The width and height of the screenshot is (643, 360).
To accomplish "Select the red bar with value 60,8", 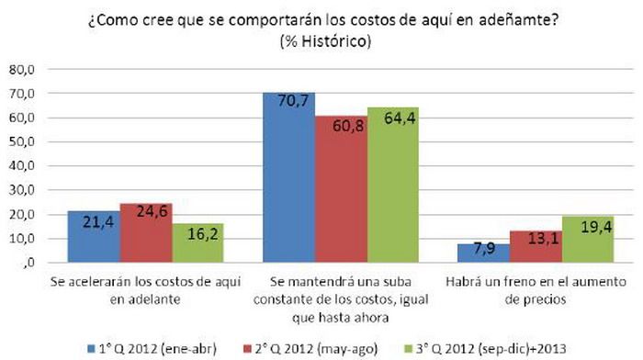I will click(x=341, y=189).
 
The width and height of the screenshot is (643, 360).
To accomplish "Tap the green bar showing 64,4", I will click(x=391, y=185).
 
